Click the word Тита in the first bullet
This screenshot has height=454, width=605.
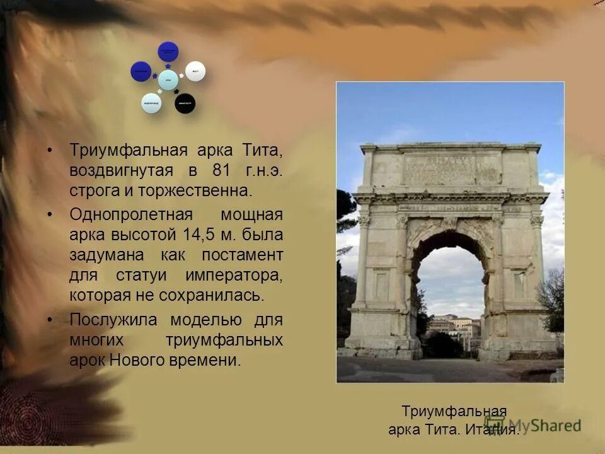262,151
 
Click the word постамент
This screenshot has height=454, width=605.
242,255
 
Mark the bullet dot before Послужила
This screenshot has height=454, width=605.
50,320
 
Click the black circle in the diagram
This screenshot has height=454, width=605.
185,103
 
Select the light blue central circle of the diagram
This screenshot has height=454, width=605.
168,79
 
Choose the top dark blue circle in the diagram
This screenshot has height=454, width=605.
168,51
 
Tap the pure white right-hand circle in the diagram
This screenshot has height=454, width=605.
195,71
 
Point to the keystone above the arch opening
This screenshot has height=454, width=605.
448,223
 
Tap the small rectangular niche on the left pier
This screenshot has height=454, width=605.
381,284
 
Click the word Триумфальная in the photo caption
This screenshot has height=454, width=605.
454,412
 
